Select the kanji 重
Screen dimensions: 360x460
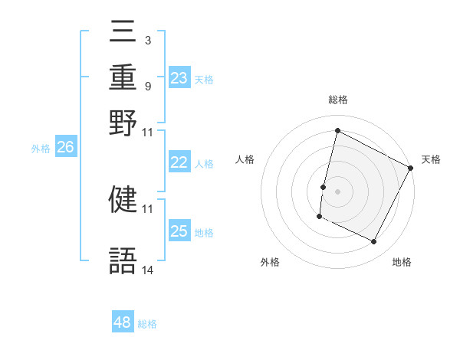tap(123, 79)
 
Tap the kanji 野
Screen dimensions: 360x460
tap(123, 124)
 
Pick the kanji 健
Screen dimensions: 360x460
tap(123, 199)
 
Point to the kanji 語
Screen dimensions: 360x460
tap(123, 261)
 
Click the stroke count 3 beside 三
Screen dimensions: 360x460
tap(147, 40)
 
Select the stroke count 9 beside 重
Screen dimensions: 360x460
tap(147, 86)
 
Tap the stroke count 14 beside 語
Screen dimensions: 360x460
tap(148, 270)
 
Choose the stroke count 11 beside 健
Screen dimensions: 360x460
tap(148, 208)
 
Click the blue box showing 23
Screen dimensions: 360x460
tap(179, 78)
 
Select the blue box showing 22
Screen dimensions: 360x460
tap(179, 162)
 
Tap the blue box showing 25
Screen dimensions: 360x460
tap(179, 231)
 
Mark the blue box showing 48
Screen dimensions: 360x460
tap(123, 322)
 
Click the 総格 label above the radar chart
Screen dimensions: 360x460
tap(337, 100)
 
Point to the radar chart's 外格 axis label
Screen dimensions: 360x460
tap(270, 262)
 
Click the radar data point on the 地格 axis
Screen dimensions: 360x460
tap(374, 242)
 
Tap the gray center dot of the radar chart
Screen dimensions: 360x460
tap(337, 191)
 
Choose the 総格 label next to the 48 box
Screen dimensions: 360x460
tap(147, 324)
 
